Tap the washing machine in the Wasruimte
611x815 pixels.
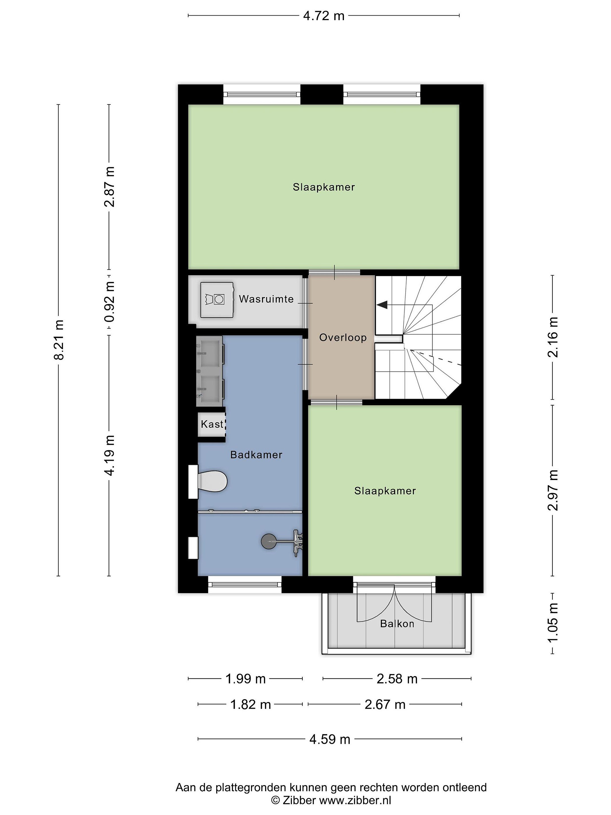pos(217,300)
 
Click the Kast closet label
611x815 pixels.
pos(212,424)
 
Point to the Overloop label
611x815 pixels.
pos(343,338)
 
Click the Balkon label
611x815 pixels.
pos(397,623)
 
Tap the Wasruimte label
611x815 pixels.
pos(266,299)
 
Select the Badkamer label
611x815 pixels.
pos(256,455)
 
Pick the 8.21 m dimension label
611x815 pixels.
pos(59,340)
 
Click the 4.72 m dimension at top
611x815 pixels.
pos(324,16)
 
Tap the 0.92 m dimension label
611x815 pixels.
pos(109,301)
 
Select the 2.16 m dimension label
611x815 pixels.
pos(553,337)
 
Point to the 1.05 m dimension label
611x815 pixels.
pos(553,622)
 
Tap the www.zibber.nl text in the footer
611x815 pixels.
pos(355,800)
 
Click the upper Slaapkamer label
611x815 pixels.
pos(324,187)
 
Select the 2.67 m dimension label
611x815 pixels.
pos(385,704)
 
